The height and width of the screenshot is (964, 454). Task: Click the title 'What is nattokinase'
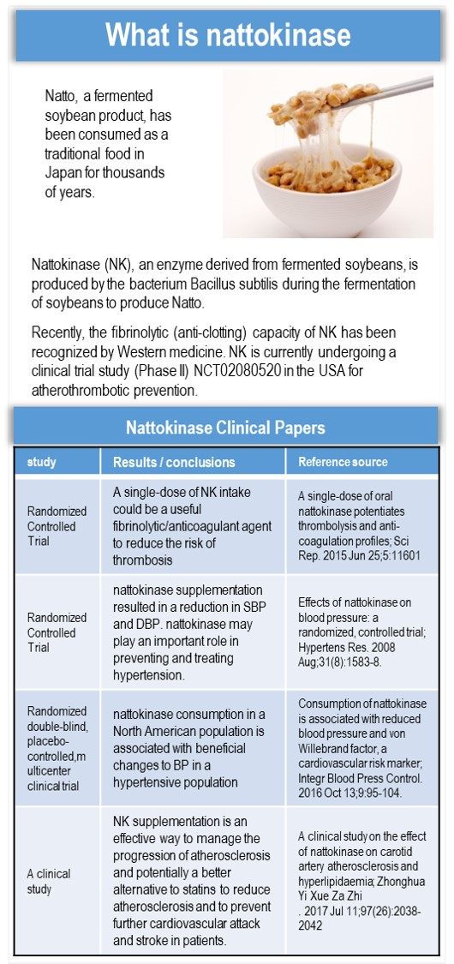coord(227,34)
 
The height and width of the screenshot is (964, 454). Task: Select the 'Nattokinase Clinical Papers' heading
coord(225,427)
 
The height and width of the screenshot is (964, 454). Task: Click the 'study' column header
coord(42,462)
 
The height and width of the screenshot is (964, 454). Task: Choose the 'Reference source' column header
coord(343,462)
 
